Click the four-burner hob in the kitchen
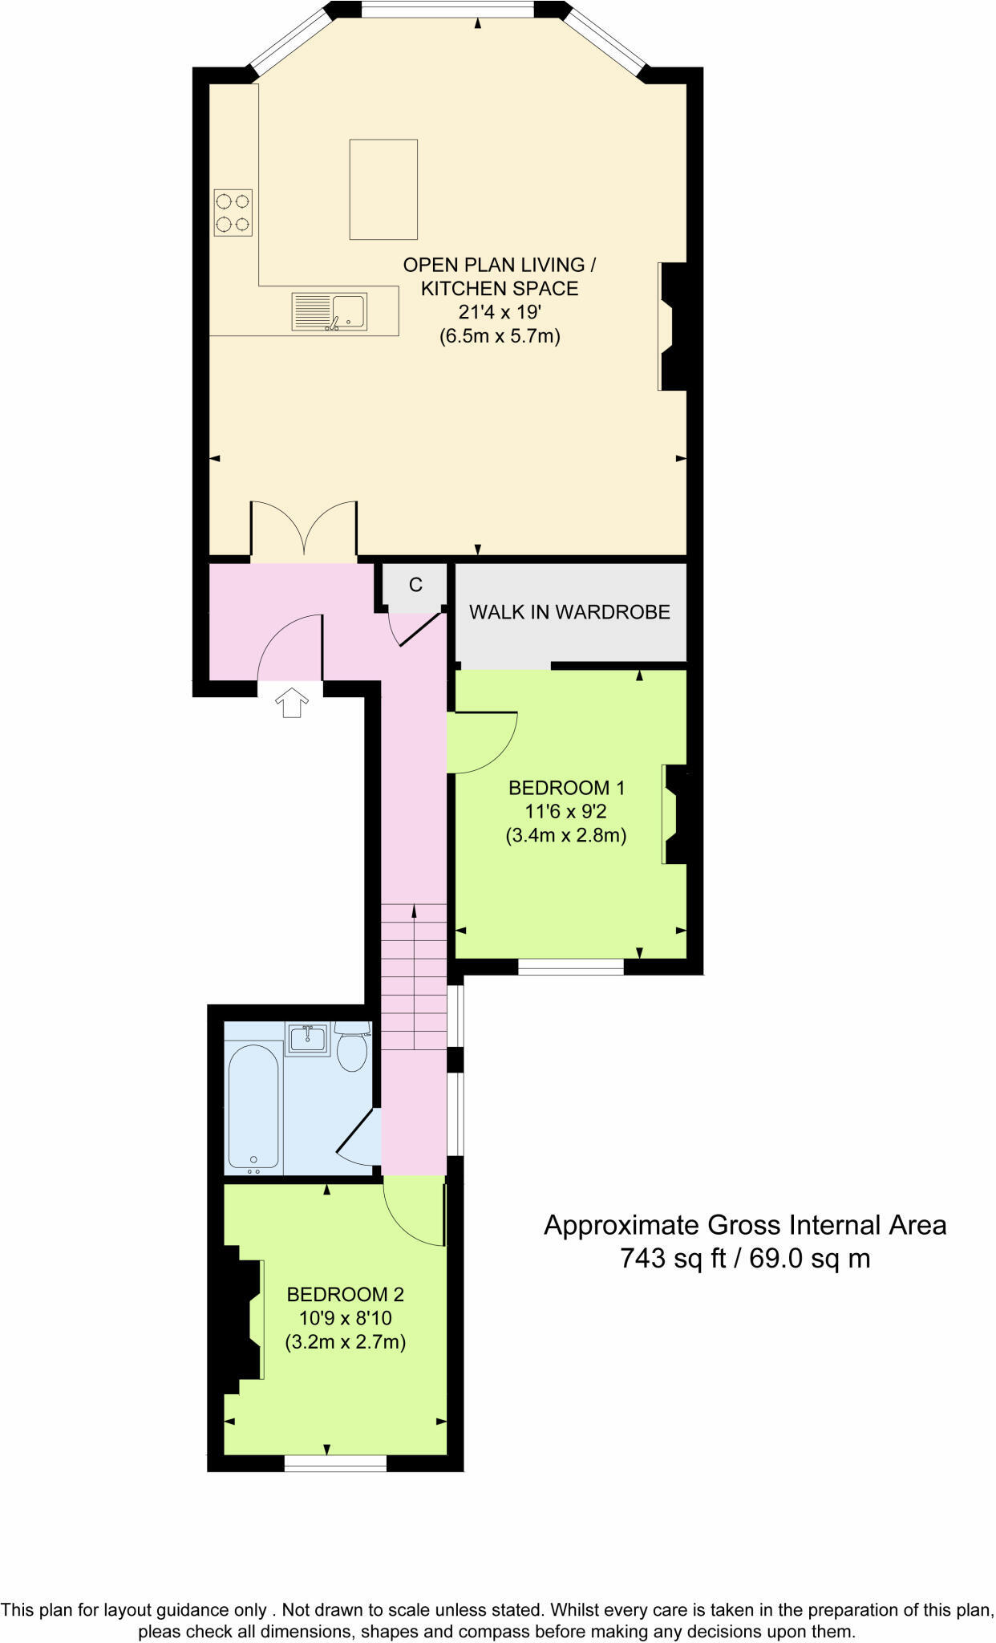click(233, 213)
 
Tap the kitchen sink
click(329, 312)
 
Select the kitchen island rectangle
click(383, 189)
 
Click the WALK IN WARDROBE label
click(569, 612)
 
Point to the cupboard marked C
click(415, 585)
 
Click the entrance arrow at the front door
click(292, 702)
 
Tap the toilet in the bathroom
click(351, 1048)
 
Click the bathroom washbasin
click(308, 1039)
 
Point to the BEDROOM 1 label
click(566, 788)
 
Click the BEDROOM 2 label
click(345, 1294)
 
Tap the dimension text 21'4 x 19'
click(500, 312)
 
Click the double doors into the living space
click(304, 529)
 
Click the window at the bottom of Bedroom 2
click(335, 1463)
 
